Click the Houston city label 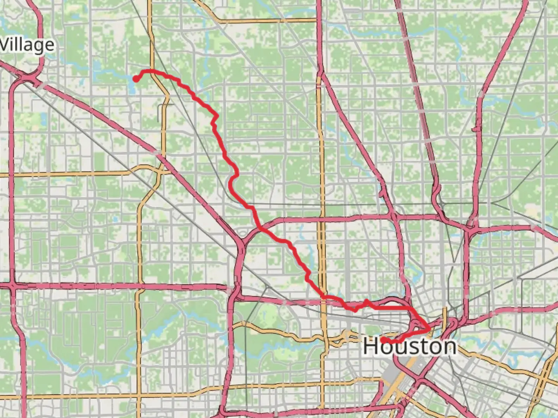click(410, 346)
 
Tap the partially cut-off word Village click(27, 45)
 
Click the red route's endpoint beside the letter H click(383, 340)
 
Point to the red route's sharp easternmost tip click(429, 329)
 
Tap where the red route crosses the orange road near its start click(153, 71)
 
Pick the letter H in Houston click(370, 346)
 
